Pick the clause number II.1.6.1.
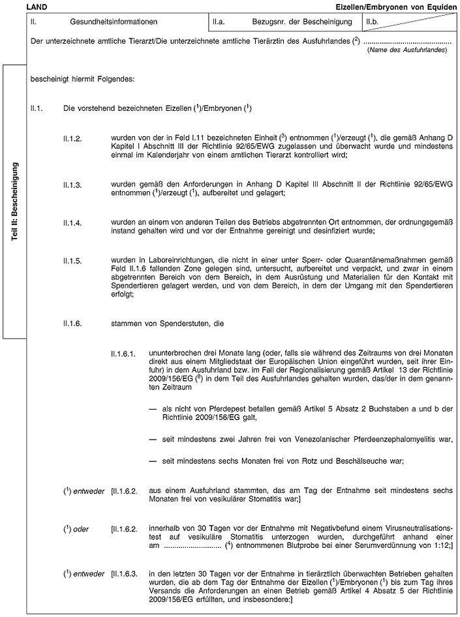pos(124,354)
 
